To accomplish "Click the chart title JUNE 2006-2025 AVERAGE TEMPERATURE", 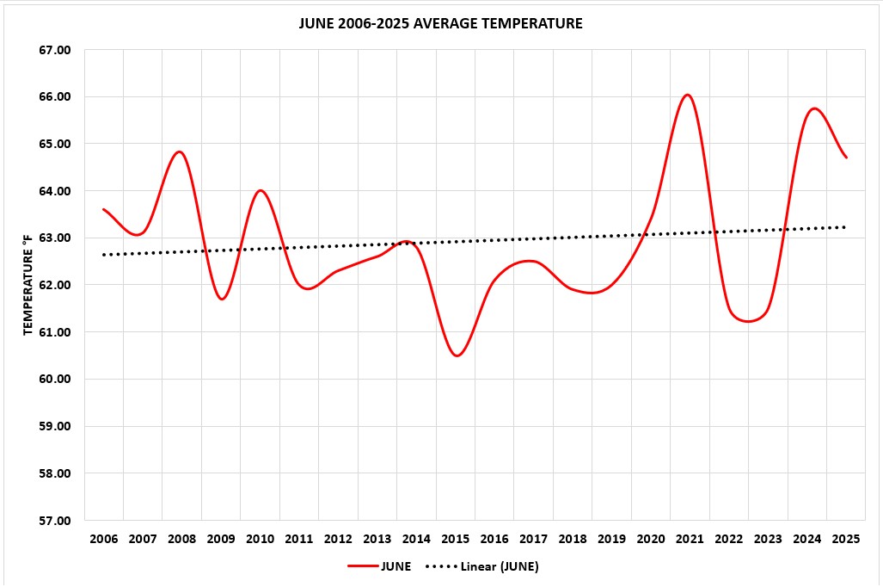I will [x=440, y=23].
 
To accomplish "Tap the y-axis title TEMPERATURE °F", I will [x=27, y=285].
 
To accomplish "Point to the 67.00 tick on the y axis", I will [x=54, y=50].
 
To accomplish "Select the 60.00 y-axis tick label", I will [x=54, y=380].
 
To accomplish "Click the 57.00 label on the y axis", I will [x=54, y=521].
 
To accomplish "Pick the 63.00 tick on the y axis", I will [x=54, y=238].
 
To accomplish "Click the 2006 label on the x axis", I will [x=104, y=540].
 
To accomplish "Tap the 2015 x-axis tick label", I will [x=456, y=540].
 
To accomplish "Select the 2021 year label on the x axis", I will [x=690, y=540].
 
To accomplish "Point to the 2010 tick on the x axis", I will [x=261, y=540].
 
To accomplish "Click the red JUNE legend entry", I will [x=379, y=566].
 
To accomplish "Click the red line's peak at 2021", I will [x=688, y=95].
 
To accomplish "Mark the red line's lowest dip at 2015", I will [x=457, y=355].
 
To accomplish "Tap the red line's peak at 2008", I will [x=180, y=151].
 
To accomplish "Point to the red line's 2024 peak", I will [x=814, y=108].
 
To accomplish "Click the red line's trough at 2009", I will [x=222, y=299].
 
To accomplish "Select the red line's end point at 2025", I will [x=846, y=158].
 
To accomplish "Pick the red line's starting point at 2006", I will [x=104, y=209].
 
